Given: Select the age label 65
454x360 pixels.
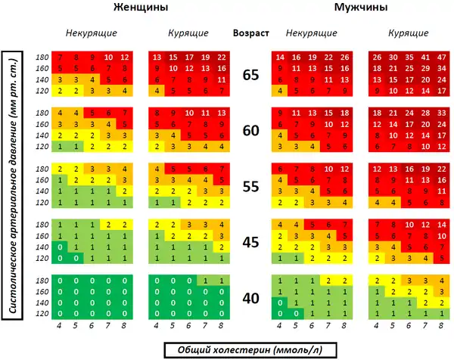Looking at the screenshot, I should pos(251,74).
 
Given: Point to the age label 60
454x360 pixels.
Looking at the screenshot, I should pos(251,130).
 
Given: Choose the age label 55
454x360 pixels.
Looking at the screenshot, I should pos(251,186).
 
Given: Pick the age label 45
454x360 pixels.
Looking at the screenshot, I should pos(251,241).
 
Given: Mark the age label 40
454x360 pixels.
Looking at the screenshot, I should pos(251,297).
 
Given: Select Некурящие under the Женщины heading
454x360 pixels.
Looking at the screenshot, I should pos(91,34).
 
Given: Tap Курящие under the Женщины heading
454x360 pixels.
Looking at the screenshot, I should pos(189,34).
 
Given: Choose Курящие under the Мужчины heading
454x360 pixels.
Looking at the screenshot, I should pos(408,34).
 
